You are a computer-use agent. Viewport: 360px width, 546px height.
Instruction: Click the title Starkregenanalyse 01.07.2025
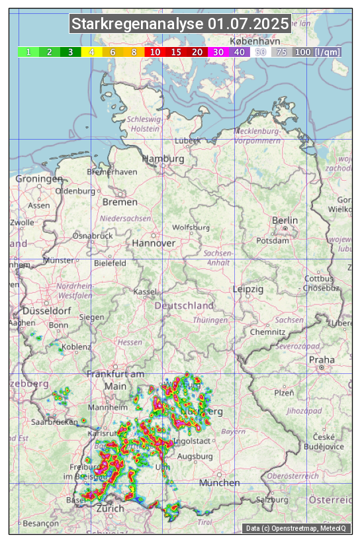(180, 24)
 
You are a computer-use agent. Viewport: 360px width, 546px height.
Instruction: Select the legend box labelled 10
(155, 52)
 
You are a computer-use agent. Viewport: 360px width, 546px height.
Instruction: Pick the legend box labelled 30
(218, 52)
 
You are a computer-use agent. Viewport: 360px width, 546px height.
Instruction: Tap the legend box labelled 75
(281, 52)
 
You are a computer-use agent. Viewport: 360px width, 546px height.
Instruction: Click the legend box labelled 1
(28, 52)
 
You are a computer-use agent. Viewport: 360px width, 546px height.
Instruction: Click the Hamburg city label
(163, 159)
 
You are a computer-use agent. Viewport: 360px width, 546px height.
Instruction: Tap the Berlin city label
(285, 220)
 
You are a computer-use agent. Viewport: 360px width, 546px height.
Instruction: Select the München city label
(219, 483)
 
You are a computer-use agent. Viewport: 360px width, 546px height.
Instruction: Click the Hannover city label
(154, 244)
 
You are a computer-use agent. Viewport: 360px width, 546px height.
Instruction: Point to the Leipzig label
(248, 290)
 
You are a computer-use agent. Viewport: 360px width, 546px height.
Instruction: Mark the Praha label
(321, 360)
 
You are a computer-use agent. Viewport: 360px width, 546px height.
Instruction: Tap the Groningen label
(39, 179)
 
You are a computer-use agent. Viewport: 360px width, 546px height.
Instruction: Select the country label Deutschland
(184, 306)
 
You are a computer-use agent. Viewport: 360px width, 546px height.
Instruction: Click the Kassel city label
(144, 292)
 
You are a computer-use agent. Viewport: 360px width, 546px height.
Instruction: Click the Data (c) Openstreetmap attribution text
(296, 528)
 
